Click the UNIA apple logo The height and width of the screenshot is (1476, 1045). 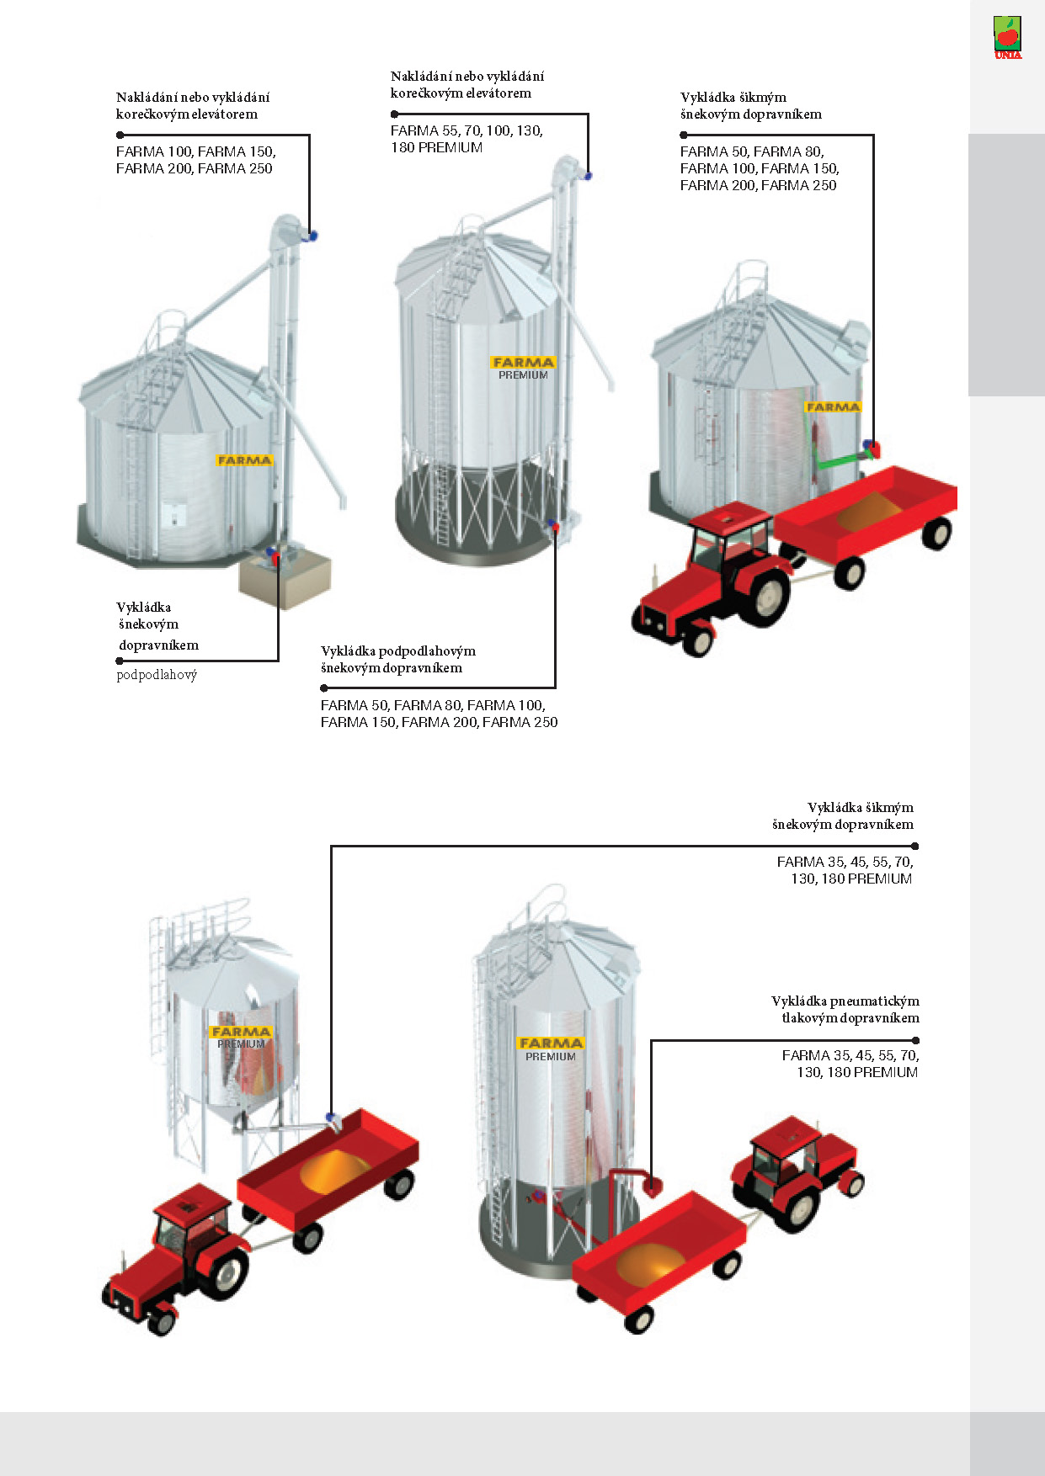pyautogui.click(x=1007, y=38)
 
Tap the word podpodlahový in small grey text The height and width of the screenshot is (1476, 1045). pyautogui.click(x=157, y=675)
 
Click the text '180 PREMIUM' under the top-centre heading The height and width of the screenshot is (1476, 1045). pyautogui.click(x=436, y=148)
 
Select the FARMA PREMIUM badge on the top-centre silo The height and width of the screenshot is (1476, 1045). pyautogui.click(x=523, y=368)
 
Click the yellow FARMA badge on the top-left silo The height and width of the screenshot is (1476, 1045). pyautogui.click(x=244, y=460)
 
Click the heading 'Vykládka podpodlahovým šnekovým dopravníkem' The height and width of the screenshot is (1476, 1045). pyautogui.click(x=398, y=660)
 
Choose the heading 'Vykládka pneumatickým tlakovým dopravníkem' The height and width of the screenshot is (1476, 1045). pyautogui.click(x=845, y=1010)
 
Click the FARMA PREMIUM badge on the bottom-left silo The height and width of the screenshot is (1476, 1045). pyautogui.click(x=241, y=1038)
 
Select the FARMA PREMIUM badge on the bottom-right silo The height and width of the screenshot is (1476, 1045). pyautogui.click(x=551, y=1049)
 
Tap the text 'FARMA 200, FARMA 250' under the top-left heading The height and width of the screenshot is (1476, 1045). pyautogui.click(x=195, y=169)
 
